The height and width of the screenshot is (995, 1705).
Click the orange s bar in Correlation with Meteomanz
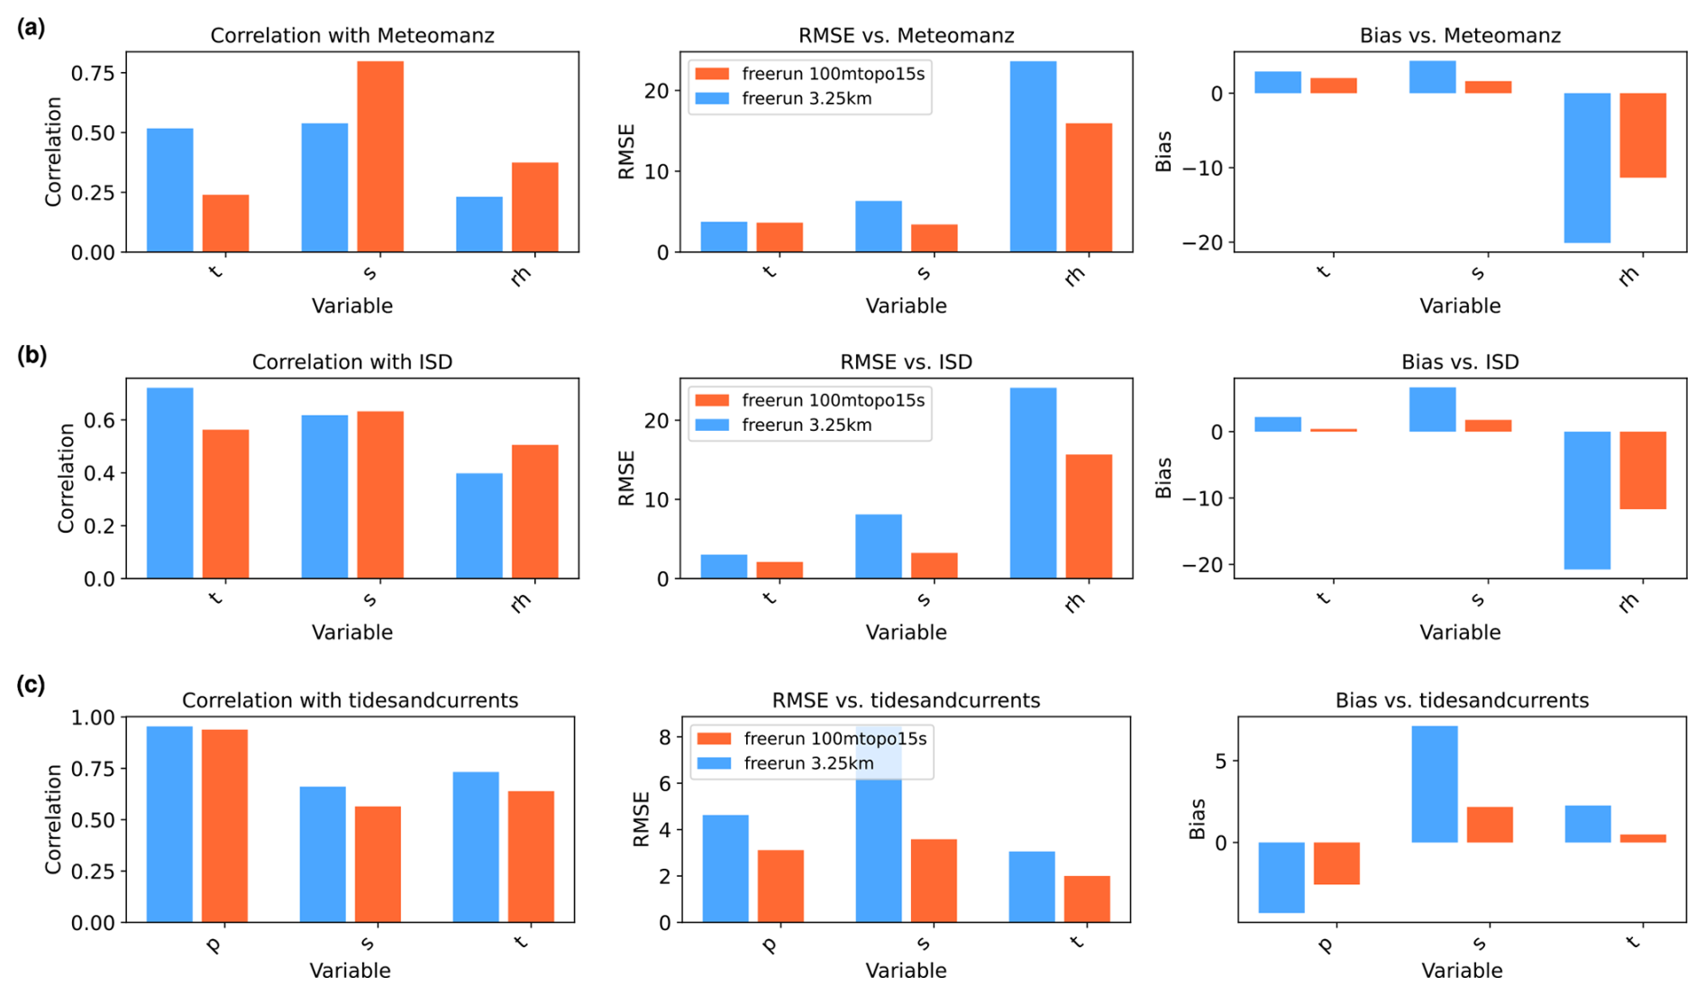click(379, 157)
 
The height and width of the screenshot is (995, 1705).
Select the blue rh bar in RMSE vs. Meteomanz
click(1033, 157)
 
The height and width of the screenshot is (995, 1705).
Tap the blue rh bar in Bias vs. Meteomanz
click(1586, 168)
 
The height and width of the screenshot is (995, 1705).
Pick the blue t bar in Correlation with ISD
click(169, 483)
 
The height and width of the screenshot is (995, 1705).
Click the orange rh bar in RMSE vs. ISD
click(1089, 516)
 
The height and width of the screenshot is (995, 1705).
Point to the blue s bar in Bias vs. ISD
click(1432, 410)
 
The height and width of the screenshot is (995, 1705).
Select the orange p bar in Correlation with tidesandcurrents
click(224, 826)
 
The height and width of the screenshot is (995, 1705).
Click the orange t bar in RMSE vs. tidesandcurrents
click(1087, 899)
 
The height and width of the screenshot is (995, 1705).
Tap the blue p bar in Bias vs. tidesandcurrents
click(1281, 878)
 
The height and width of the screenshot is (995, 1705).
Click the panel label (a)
click(31, 28)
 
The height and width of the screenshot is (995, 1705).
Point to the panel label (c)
click(31, 685)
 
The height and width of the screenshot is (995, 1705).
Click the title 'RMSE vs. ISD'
click(906, 362)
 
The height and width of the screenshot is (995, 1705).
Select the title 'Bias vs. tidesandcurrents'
click(1461, 700)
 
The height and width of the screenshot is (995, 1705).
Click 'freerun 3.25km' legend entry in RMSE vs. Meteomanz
click(807, 99)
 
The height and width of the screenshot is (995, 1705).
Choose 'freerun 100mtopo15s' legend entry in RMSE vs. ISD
click(833, 400)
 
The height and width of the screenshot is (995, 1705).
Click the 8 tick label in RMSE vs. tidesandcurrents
click(665, 738)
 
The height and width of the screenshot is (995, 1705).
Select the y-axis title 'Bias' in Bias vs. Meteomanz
click(1163, 151)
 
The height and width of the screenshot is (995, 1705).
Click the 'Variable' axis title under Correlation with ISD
click(351, 633)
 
